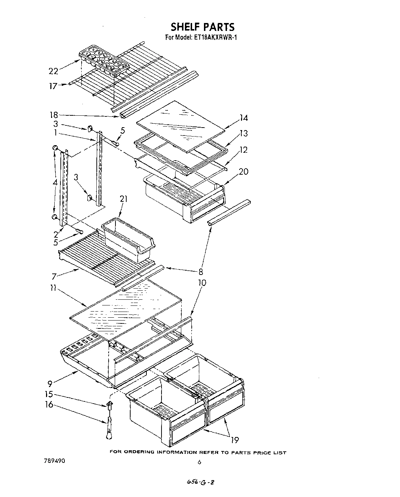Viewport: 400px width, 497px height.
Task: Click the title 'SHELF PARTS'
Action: [202, 27]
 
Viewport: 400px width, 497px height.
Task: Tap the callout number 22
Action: [53, 71]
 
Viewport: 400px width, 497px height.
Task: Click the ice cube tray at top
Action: [104, 60]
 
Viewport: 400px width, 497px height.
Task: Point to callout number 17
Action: [53, 86]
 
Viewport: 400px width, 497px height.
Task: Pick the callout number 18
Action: [54, 115]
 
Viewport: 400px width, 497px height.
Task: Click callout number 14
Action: [244, 118]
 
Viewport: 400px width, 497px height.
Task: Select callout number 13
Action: [244, 133]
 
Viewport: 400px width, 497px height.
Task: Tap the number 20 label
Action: [244, 171]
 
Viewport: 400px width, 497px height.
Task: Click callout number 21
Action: [124, 199]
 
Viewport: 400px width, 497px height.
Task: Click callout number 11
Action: [53, 289]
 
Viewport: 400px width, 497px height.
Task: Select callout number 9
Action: [50, 384]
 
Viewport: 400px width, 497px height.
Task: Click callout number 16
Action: [49, 405]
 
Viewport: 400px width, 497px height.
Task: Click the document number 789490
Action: [55, 461]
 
